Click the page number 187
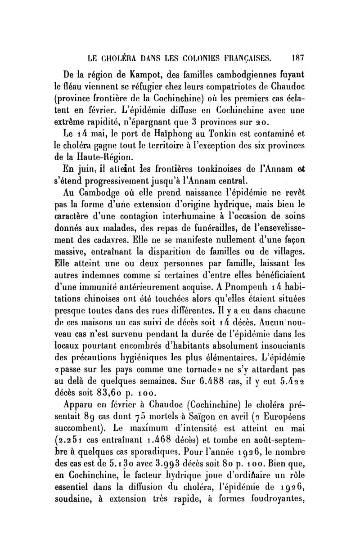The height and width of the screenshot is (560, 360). [x=298, y=58]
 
